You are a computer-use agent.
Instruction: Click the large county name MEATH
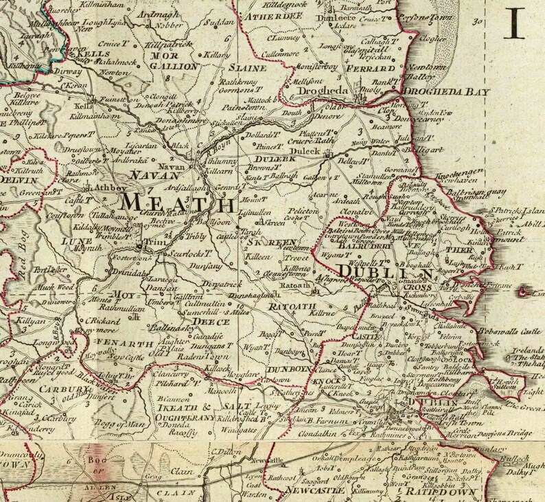(x=176, y=204)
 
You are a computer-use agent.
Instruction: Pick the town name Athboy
(x=106, y=185)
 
